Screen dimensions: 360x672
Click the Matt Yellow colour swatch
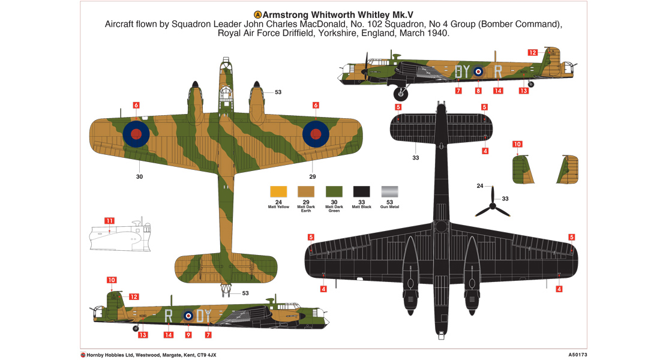point(278,191)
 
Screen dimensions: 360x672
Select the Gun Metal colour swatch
point(389,191)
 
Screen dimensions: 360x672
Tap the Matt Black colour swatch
point(362,191)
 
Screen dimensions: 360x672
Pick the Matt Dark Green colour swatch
point(334,191)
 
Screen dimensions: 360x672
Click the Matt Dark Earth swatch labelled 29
point(306,191)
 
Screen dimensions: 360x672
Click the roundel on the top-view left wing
point(136,133)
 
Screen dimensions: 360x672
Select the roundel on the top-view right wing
point(316,133)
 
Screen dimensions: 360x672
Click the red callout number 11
point(109,221)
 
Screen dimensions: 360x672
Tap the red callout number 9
point(188,335)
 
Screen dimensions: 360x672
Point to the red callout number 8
point(478,91)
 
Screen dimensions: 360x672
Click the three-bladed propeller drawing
point(492,205)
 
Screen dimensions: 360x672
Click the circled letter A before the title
point(258,14)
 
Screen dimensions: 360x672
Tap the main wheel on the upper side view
point(401,93)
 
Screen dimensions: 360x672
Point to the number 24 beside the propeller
point(480,186)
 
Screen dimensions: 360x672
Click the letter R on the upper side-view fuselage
point(497,72)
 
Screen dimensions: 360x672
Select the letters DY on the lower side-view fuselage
point(205,314)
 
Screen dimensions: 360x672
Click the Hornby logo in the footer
point(83,355)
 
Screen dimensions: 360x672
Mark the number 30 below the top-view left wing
point(139,177)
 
